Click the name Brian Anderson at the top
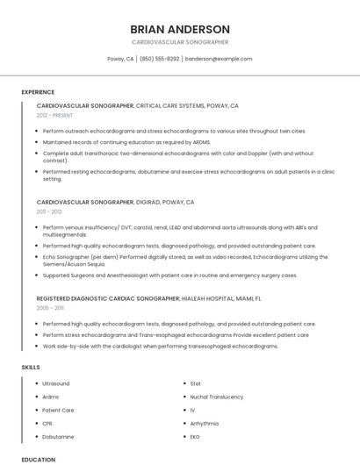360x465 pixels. pyautogui.click(x=180, y=29)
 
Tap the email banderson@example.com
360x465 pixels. pyautogui.click(x=219, y=59)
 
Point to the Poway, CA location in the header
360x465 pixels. pyautogui.click(x=120, y=59)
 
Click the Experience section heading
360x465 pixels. pyautogui.click(x=38, y=92)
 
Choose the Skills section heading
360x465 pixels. pyautogui.click(x=31, y=367)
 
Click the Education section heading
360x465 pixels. pyautogui.click(x=38, y=459)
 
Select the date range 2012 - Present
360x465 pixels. pyautogui.click(x=54, y=115)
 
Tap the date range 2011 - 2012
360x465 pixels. pyautogui.click(x=49, y=211)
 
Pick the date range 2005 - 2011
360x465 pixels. pyautogui.click(x=50, y=308)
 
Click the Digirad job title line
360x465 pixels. pyautogui.click(x=115, y=202)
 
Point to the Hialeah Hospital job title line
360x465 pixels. pyautogui.click(x=149, y=298)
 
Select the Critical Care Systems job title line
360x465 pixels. pyautogui.click(x=137, y=105)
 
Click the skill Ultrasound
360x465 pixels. pyautogui.click(x=55, y=383)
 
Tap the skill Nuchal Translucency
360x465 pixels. pyautogui.click(x=216, y=397)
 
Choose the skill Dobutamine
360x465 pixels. pyautogui.click(x=58, y=436)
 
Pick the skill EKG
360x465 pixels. pyautogui.click(x=195, y=436)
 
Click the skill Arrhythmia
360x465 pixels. pyautogui.click(x=205, y=423)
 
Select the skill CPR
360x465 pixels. pyautogui.click(x=47, y=423)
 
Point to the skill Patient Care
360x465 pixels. pyautogui.click(x=58, y=410)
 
